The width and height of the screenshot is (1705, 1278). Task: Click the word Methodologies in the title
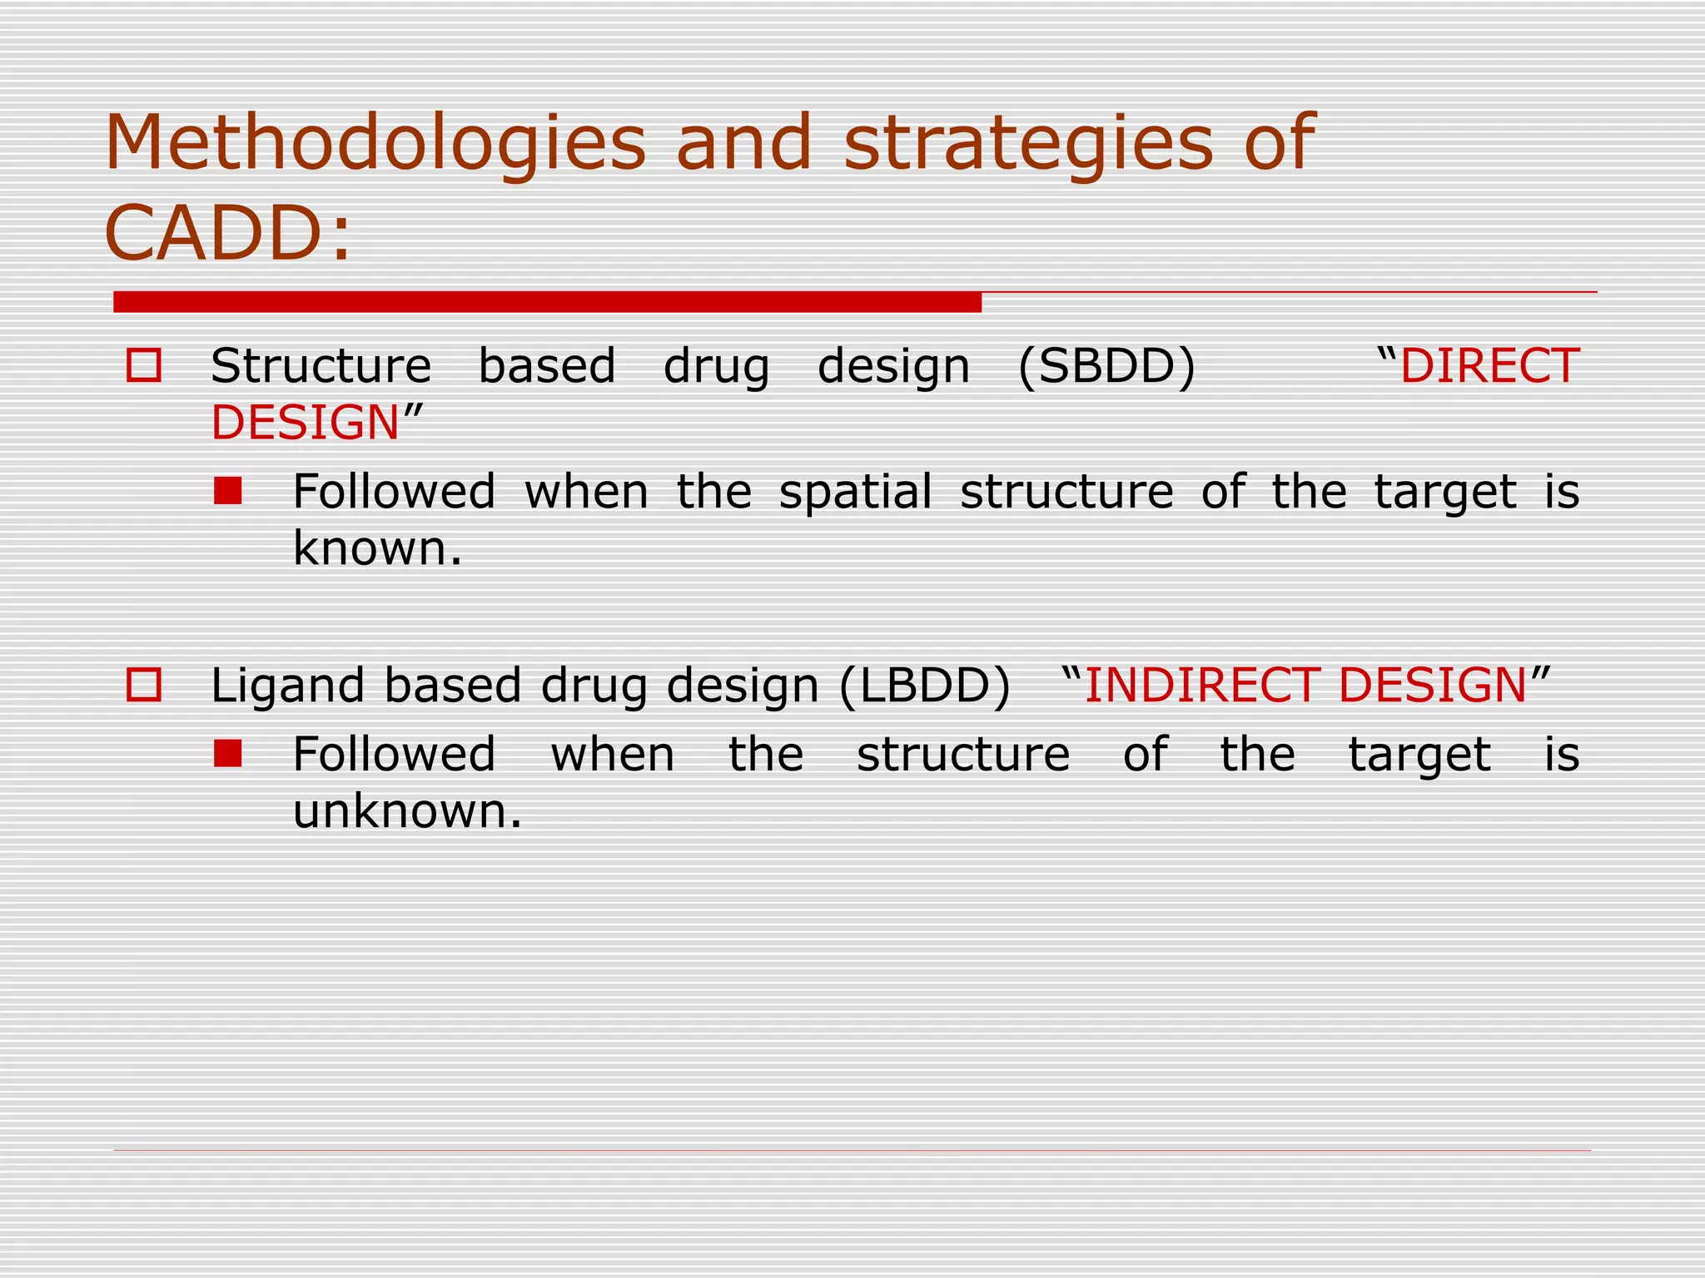pyautogui.click(x=375, y=143)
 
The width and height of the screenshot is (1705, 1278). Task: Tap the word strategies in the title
pyautogui.click(x=1028, y=143)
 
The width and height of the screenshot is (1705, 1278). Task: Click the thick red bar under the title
pyautogui.click(x=547, y=302)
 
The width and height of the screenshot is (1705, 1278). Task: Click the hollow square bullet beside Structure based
pyautogui.click(x=143, y=365)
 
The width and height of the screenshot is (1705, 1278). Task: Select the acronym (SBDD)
pyautogui.click(x=1106, y=366)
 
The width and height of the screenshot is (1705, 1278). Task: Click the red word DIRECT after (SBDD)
pyautogui.click(x=1489, y=366)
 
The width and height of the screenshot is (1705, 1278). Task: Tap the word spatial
pyautogui.click(x=855, y=491)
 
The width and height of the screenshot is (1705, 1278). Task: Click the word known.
pyautogui.click(x=376, y=548)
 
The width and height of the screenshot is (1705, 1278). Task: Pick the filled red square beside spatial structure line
pyautogui.click(x=227, y=491)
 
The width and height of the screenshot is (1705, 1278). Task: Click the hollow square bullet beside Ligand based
pyautogui.click(x=143, y=686)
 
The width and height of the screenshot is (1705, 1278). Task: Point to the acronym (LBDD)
pyautogui.click(x=924, y=686)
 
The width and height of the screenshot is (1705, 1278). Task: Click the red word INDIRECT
pyautogui.click(x=1201, y=686)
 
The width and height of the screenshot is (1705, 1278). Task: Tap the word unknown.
pyautogui.click(x=406, y=810)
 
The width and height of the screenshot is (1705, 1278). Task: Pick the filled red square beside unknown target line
pyautogui.click(x=227, y=754)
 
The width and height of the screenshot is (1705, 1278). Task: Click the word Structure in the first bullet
pyautogui.click(x=321, y=366)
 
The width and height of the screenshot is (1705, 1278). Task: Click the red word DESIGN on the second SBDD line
pyautogui.click(x=306, y=423)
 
